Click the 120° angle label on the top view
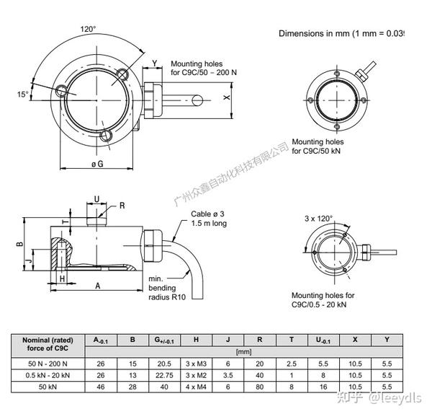point(88,30)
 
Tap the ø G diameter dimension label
point(96,164)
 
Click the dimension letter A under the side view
point(97,286)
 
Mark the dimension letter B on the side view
point(21,245)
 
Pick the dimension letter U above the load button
point(96,199)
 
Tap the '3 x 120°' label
point(319,218)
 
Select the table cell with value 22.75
point(164,375)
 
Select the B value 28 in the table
point(132,387)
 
